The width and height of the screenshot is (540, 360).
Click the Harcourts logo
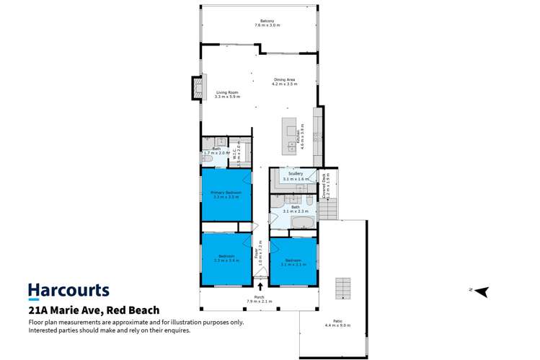pos(68,291)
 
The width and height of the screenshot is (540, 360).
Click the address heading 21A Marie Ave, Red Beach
pos(94,310)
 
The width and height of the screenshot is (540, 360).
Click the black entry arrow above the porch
pos(260,286)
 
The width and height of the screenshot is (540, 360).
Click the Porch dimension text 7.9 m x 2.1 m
pos(257,301)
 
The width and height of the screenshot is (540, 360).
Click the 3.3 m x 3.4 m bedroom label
pos(226,257)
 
